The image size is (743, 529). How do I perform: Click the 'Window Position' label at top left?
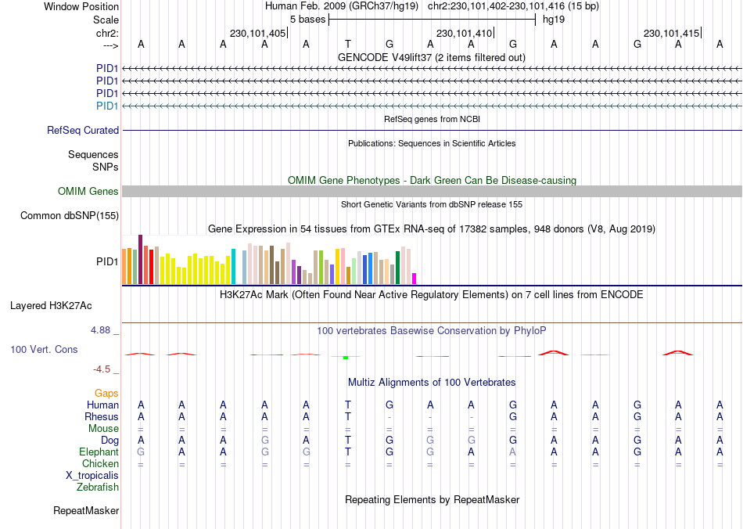point(81,6)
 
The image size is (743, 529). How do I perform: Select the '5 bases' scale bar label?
point(307,19)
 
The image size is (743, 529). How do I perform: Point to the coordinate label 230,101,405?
point(257,33)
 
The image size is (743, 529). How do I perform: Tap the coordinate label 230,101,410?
point(464,33)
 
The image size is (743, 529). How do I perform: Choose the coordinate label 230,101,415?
point(670,33)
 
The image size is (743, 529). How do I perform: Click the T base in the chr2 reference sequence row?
point(348,45)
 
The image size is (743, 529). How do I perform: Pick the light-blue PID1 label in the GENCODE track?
point(107,106)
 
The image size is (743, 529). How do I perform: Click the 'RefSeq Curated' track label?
point(83,131)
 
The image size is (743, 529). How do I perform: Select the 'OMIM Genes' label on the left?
point(88,192)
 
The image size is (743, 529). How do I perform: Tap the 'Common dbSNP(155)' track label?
point(70,216)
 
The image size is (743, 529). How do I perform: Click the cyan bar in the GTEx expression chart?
point(233,266)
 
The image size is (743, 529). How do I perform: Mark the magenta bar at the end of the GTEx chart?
point(415,278)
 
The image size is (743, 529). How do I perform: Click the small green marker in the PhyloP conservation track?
point(345,358)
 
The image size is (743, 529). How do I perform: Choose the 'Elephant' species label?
point(99,452)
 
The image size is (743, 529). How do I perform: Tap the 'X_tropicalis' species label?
point(92,476)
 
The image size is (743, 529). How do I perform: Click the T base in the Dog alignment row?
point(348,441)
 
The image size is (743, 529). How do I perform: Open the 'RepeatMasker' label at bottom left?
point(86,511)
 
